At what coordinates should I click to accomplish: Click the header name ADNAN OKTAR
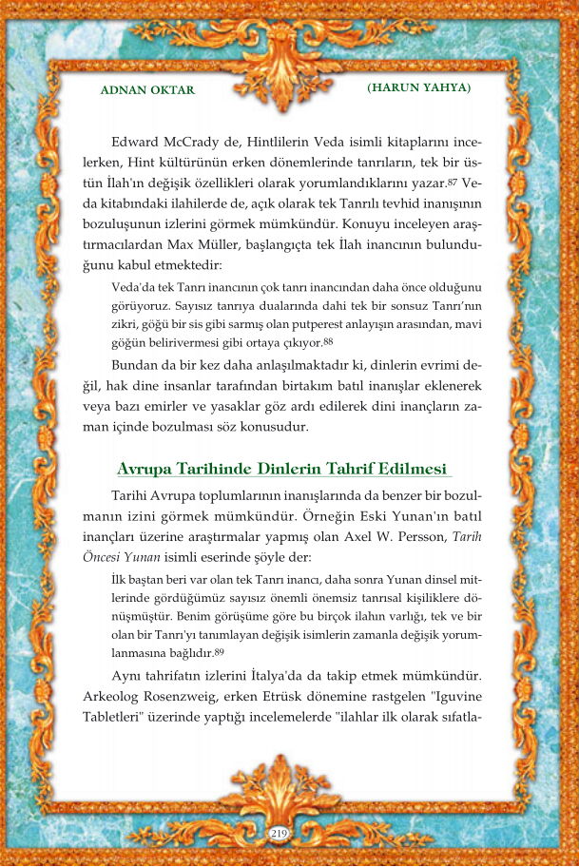pos(146,90)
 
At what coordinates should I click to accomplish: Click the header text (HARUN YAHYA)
pos(418,87)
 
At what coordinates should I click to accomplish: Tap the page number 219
pos(279,834)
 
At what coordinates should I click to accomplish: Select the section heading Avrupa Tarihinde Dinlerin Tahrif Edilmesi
pos(282,469)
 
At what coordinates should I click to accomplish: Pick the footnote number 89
pos(219,652)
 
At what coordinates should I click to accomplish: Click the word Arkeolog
pos(143,697)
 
